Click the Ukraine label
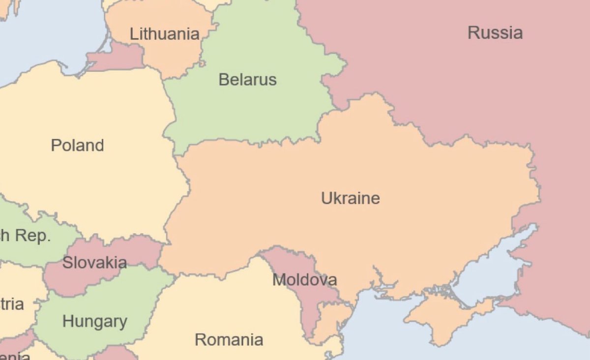pos(350,198)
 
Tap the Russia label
pos(495,33)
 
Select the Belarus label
pos(247,79)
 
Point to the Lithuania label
pos(164,34)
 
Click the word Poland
pos(77,146)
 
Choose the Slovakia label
pos(94,263)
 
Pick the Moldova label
pos(304,280)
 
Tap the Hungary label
pos(94,322)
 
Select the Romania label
pos(229,339)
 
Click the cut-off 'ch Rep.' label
pos(25,236)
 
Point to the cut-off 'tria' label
pos(12,304)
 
